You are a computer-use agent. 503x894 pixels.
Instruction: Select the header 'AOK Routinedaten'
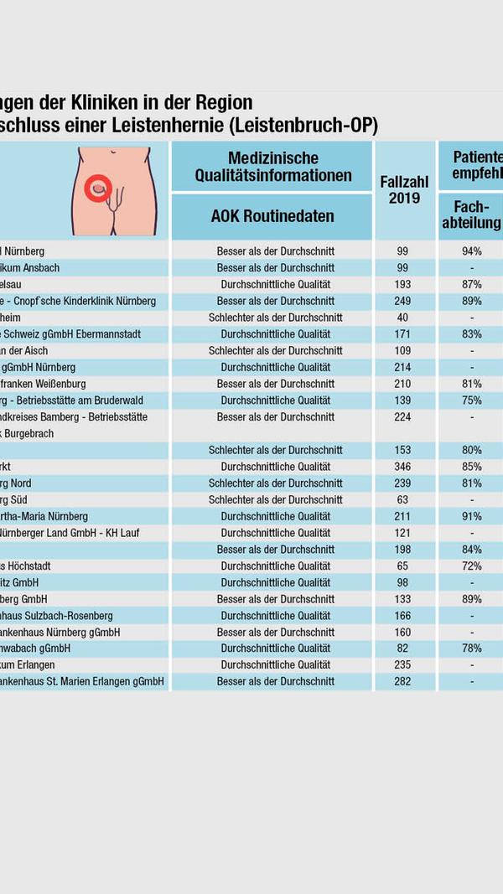click(x=272, y=216)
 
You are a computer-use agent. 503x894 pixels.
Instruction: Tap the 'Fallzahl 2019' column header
click(x=404, y=190)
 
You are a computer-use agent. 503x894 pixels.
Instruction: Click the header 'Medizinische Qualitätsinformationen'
click(x=272, y=167)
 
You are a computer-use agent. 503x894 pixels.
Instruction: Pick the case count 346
click(x=404, y=467)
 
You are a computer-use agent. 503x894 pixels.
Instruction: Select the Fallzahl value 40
click(x=404, y=318)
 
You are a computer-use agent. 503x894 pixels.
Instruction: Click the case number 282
click(x=404, y=682)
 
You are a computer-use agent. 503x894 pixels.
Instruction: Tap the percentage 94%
click(x=471, y=251)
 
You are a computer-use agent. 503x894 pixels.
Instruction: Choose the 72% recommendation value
click(x=471, y=566)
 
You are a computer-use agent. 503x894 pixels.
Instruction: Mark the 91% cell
click(x=471, y=516)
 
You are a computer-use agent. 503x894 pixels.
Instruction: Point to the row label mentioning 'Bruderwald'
click(x=68, y=400)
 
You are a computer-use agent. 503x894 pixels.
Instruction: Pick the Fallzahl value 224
click(x=404, y=416)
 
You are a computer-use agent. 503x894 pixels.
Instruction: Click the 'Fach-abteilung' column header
click(x=471, y=215)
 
